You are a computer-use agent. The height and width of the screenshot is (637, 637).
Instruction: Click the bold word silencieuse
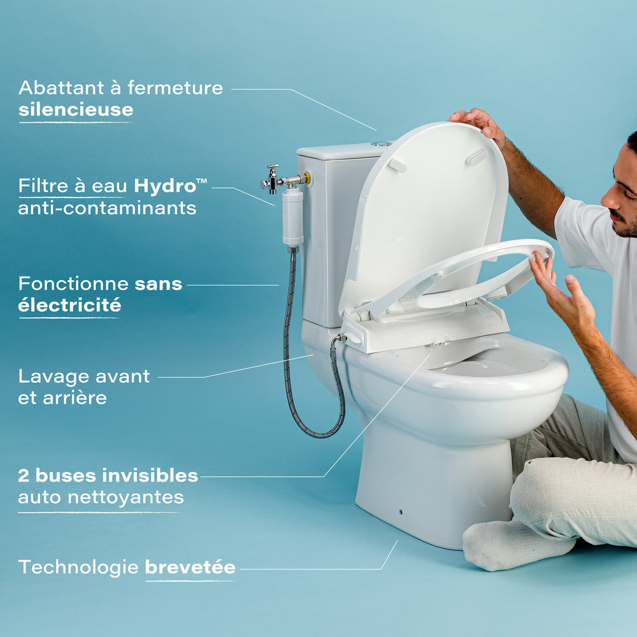(x=76, y=110)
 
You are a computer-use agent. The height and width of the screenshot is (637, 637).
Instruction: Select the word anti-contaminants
(x=107, y=208)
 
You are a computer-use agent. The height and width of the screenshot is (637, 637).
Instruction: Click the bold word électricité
(x=69, y=305)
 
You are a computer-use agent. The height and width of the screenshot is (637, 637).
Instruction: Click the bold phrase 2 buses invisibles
(x=108, y=475)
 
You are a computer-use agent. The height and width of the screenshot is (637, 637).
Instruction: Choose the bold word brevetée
(x=190, y=567)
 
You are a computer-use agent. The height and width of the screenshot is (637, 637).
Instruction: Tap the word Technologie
(x=78, y=567)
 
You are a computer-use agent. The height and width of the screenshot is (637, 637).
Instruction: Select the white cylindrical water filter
(x=292, y=217)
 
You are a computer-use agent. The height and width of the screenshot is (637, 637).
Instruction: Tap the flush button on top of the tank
(x=382, y=144)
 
